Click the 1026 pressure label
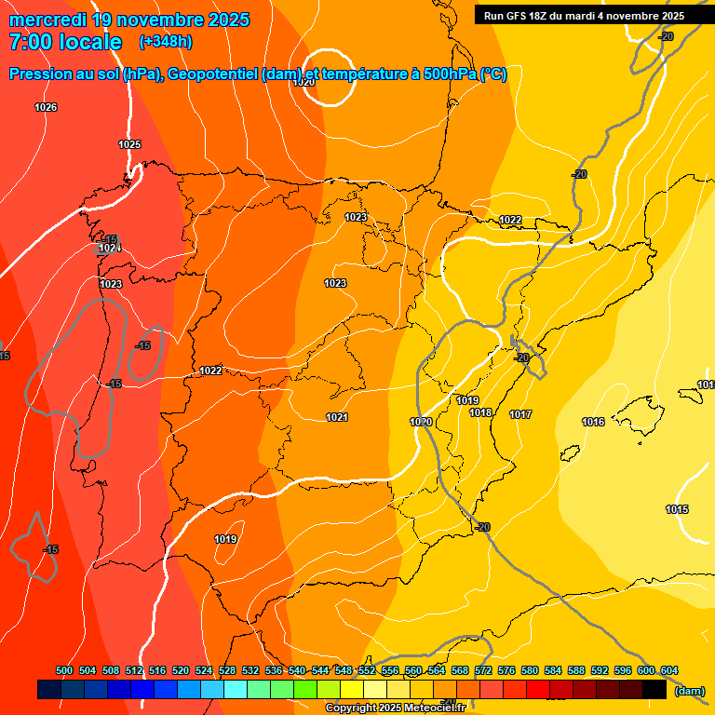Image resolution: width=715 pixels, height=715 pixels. click(x=46, y=107)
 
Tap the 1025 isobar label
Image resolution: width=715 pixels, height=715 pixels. click(x=129, y=144)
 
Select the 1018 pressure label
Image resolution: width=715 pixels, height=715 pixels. click(x=480, y=412)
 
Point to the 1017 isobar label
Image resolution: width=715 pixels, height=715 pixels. click(x=520, y=414)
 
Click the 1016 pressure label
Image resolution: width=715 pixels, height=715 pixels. click(x=593, y=422)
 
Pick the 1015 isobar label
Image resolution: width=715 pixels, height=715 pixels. click(x=677, y=509)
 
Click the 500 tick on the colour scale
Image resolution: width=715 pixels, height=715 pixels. click(x=64, y=670)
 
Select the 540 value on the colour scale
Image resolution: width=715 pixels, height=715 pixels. click(x=297, y=670)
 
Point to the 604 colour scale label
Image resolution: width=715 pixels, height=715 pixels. click(x=669, y=670)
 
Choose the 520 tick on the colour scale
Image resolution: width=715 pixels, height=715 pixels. click(x=181, y=670)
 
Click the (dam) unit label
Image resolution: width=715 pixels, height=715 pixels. click(x=689, y=691)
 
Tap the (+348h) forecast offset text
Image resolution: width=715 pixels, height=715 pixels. click(x=165, y=42)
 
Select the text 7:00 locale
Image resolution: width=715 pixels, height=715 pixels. click(x=65, y=42)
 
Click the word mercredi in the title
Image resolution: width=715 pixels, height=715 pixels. click(x=47, y=20)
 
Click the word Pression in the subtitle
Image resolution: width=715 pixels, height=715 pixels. click(x=42, y=74)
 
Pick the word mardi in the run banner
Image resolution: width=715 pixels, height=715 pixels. click(x=587, y=16)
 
